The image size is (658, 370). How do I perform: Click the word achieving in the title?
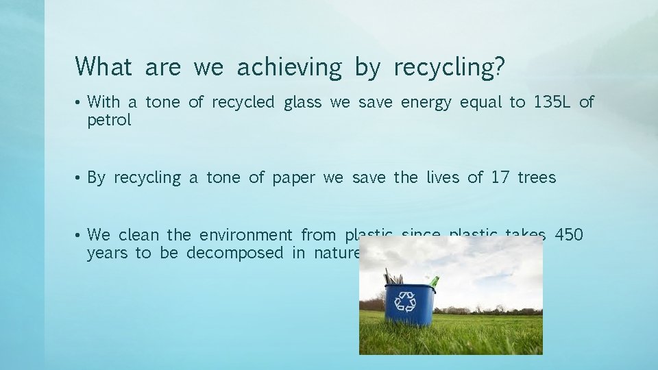pyautogui.click(x=289, y=67)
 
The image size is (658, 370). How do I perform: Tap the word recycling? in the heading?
pyautogui.click(x=450, y=67)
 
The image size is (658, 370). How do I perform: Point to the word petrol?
pyautogui.click(x=109, y=121)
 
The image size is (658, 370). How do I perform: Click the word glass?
pyautogui.click(x=302, y=103)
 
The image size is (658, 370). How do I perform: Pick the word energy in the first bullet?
pyautogui.click(x=426, y=103)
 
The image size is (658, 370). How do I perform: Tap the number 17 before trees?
pyautogui.click(x=500, y=178)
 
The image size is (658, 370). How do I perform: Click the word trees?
pyautogui.click(x=537, y=178)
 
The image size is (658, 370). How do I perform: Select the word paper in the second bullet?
pyautogui.click(x=293, y=178)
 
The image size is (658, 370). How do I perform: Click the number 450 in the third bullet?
pyautogui.click(x=569, y=235)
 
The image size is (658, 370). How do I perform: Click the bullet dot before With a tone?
pyautogui.click(x=79, y=103)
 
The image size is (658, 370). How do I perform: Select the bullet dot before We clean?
pyautogui.click(x=79, y=236)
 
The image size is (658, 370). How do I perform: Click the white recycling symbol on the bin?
pyautogui.click(x=406, y=301)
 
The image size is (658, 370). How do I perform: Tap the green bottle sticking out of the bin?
pyautogui.click(x=433, y=281)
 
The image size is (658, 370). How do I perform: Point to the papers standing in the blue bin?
pyautogui.click(x=392, y=277)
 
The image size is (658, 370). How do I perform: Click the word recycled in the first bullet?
pyautogui.click(x=243, y=103)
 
